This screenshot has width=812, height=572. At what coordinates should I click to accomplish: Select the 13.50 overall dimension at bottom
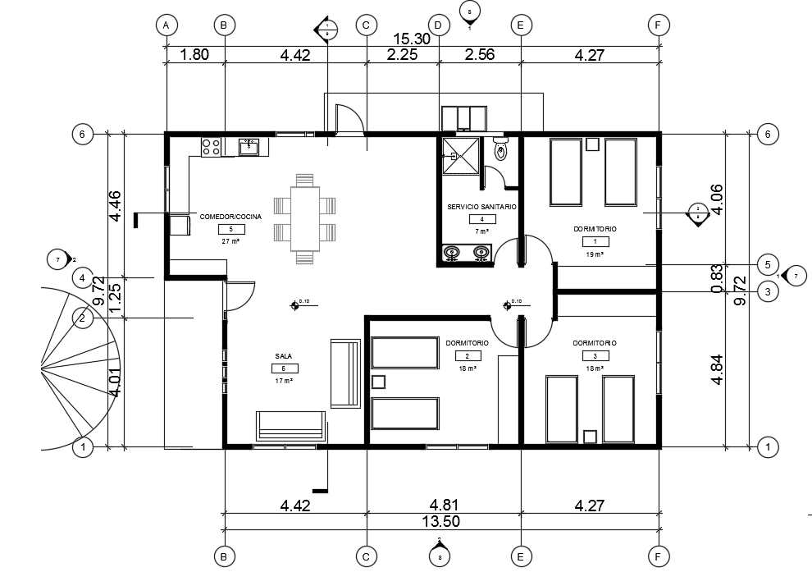pyautogui.click(x=440, y=521)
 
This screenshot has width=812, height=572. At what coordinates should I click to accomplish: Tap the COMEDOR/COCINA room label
pyautogui.click(x=230, y=217)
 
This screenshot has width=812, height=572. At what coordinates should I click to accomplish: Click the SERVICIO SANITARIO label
pyautogui.click(x=481, y=208)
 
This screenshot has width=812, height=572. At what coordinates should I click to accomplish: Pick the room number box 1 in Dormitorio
pyautogui.click(x=595, y=241)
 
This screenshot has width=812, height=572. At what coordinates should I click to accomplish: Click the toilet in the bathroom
pyautogui.click(x=501, y=150)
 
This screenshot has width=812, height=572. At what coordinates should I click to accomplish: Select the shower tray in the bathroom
pyautogui.click(x=461, y=155)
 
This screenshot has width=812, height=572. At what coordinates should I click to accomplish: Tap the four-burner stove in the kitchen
pyautogui.click(x=211, y=147)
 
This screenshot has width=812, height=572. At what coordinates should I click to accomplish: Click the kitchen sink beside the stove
pyautogui.click(x=249, y=147)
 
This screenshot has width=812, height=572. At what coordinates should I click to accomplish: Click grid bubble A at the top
pyautogui.click(x=167, y=25)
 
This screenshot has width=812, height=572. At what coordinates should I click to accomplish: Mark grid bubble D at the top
pyautogui.click(x=438, y=25)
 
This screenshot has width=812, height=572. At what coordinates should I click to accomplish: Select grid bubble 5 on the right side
pyautogui.click(x=767, y=265)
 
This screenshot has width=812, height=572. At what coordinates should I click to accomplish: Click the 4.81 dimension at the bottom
pyautogui.click(x=443, y=506)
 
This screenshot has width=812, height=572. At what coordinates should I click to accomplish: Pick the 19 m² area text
pyautogui.click(x=595, y=254)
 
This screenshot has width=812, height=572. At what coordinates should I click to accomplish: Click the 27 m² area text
pyautogui.click(x=230, y=241)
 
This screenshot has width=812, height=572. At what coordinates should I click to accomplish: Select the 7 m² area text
pyautogui.click(x=481, y=232)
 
